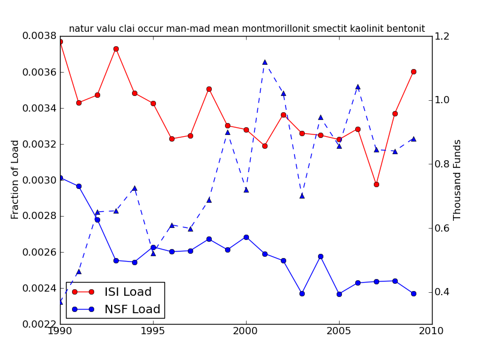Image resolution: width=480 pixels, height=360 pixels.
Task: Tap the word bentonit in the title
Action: tap(404, 29)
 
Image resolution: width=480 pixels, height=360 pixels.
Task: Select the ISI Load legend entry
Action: tap(128, 292)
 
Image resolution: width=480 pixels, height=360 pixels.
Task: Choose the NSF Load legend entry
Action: tap(132, 310)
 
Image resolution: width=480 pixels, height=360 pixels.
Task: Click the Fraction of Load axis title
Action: tap(16, 179)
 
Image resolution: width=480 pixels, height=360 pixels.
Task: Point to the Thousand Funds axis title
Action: tap(457, 179)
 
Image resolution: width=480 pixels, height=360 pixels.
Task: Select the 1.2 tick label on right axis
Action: tap(442, 36)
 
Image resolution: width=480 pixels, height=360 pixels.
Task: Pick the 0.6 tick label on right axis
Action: tap(442, 228)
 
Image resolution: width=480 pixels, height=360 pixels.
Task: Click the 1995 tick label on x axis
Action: tap(153, 331)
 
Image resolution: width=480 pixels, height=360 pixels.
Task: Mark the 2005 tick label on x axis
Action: tap(339, 331)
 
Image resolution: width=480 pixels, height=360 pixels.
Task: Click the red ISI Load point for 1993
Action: tap(116, 49)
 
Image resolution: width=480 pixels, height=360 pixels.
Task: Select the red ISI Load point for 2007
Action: tap(376, 184)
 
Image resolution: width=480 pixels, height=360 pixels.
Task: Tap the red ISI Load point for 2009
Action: tap(413, 71)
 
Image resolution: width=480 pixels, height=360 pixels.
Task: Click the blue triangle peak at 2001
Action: tap(265, 62)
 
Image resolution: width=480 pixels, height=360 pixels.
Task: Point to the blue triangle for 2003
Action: tap(302, 196)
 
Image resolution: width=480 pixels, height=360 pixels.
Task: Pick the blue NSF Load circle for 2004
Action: tap(320, 256)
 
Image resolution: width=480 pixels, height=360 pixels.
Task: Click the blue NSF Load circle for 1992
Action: tap(97, 220)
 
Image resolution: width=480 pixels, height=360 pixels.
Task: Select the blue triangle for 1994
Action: tap(134, 188)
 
